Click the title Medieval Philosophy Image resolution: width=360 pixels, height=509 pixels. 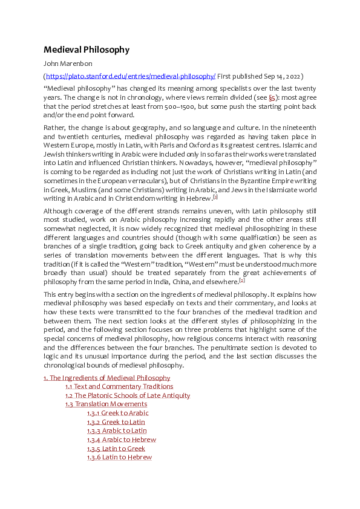coord(86,50)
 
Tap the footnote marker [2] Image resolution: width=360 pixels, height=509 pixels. coord(242,280)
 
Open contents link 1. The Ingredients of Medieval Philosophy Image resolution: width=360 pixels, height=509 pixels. coord(106,378)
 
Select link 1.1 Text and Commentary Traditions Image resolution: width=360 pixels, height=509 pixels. coord(119,386)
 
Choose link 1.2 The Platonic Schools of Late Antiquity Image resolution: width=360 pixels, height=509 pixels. coord(128,395)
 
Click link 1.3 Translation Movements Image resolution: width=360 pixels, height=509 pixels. coord(106,404)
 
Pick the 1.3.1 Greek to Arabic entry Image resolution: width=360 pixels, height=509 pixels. coord(117,413)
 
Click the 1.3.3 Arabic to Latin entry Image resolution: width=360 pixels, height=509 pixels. coord(117,430)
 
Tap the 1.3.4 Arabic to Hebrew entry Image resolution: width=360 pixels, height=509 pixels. coord(121,439)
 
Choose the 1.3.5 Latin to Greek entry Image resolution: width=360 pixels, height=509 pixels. coord(116,449)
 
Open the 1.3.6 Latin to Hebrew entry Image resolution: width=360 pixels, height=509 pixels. coord(119,458)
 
